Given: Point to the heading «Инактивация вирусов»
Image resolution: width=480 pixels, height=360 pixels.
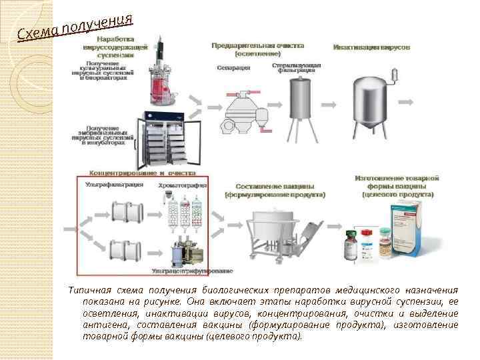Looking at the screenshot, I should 372,47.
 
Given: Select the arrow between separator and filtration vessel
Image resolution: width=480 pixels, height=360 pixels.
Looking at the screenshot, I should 274,107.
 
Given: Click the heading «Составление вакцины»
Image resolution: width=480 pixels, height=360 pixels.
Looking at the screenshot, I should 275,186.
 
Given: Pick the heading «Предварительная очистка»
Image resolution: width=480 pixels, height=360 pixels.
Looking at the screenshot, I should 257,46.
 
